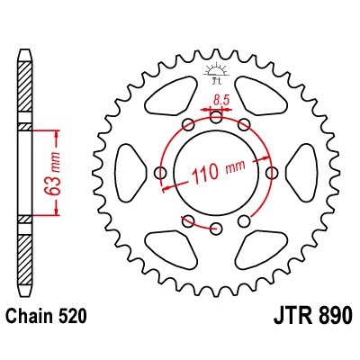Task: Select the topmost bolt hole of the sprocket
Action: coord(216,116)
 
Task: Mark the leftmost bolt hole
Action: coord(161,171)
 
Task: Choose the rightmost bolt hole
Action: coord(272,171)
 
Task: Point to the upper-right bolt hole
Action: coord(244,124)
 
